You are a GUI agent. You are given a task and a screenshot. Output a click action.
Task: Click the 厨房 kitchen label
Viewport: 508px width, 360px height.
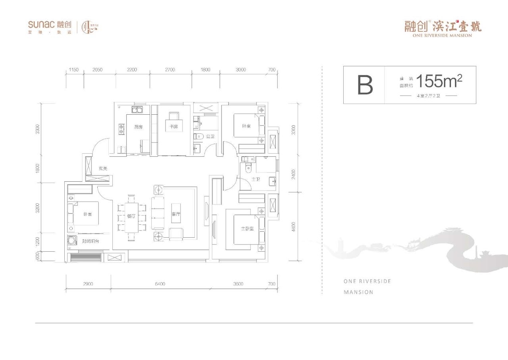pyautogui.click(x=139, y=127)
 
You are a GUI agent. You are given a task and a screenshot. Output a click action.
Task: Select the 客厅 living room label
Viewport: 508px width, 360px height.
pyautogui.click(x=176, y=214)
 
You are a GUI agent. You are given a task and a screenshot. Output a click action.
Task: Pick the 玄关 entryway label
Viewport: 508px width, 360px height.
pyautogui.click(x=103, y=169)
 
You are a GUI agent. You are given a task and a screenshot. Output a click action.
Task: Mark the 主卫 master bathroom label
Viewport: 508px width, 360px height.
pyautogui.click(x=256, y=180)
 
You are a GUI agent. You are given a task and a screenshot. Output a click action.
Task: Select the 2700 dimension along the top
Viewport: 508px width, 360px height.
pyautogui.click(x=170, y=70)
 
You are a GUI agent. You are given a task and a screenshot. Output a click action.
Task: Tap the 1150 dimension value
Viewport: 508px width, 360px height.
pyautogui.click(x=74, y=70)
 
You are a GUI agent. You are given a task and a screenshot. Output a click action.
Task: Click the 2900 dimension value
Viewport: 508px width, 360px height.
pyautogui.click(x=88, y=284)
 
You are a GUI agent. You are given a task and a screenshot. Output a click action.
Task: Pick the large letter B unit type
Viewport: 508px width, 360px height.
pyautogui.click(x=365, y=85)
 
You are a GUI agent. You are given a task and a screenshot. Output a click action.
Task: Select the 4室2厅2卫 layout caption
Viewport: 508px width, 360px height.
pyautogui.click(x=429, y=96)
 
